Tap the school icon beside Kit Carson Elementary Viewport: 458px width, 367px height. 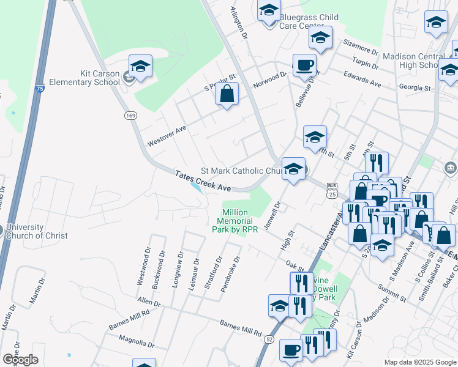140,67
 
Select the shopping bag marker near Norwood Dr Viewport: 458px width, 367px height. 227,94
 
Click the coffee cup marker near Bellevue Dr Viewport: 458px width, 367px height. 304,65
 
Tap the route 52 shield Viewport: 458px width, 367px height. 270,338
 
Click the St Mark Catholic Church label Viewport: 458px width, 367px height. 241,171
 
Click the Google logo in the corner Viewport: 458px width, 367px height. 20,360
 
